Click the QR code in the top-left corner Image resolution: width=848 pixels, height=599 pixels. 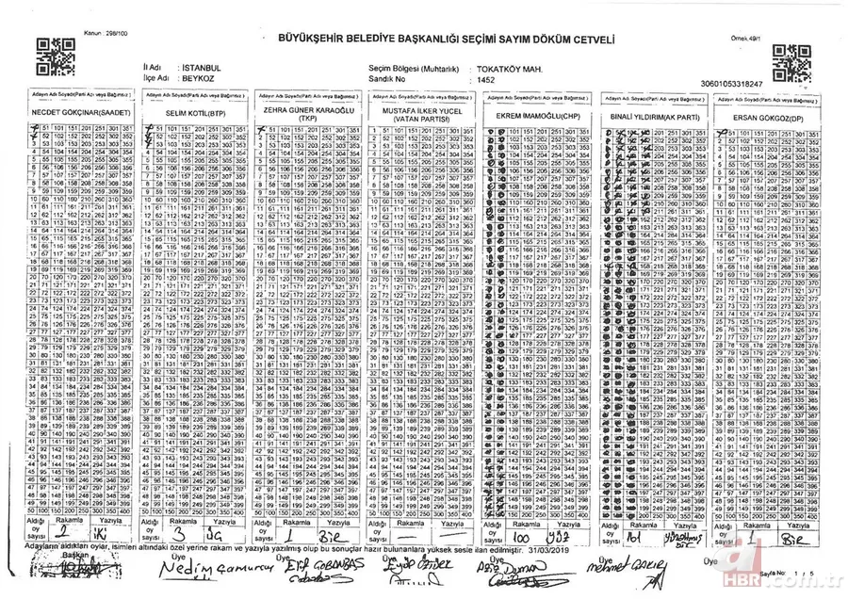click(48, 57)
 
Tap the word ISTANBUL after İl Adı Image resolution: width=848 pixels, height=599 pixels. click(201, 70)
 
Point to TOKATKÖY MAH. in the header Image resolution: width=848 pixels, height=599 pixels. click(509, 70)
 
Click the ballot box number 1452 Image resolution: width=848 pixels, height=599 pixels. click(486, 81)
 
